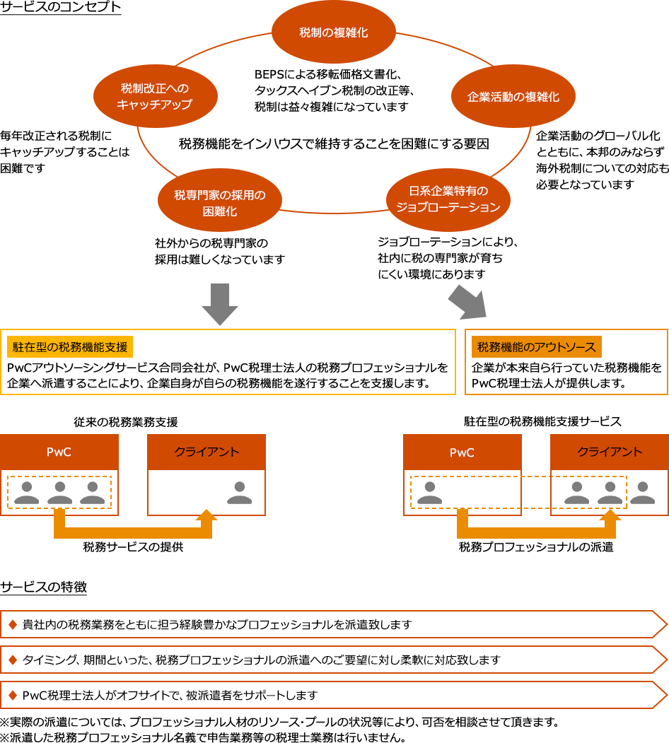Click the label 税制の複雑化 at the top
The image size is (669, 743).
(x=333, y=33)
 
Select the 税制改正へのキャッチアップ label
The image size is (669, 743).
(x=155, y=96)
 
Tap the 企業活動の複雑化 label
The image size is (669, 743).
(x=513, y=97)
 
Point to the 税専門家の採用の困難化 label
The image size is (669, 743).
(x=220, y=203)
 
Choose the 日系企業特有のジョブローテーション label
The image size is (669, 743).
(x=448, y=199)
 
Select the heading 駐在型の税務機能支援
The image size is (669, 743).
(x=70, y=347)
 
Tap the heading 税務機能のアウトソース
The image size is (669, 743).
(x=536, y=347)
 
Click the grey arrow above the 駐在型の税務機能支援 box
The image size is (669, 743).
(x=220, y=305)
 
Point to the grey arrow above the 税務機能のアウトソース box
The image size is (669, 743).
(x=467, y=300)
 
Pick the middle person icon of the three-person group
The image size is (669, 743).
(x=59, y=492)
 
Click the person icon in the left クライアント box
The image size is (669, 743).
(x=239, y=492)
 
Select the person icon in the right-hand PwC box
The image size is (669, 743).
(x=429, y=492)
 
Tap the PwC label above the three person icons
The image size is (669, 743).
(x=59, y=452)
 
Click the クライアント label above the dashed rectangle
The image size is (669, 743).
(x=610, y=452)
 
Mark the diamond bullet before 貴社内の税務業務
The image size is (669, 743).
(x=12, y=624)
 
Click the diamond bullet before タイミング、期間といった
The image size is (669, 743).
(x=12, y=660)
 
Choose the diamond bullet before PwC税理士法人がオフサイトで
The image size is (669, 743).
(x=12, y=695)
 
